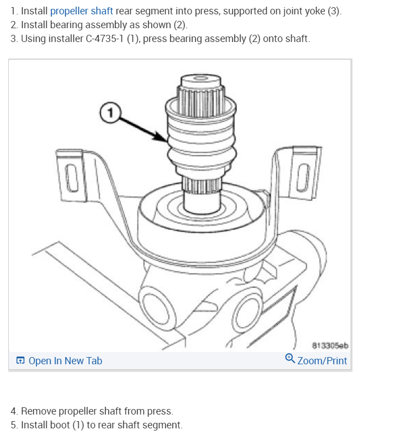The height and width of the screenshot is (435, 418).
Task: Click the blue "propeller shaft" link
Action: [82, 12]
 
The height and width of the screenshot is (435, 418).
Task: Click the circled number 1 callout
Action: [109, 113]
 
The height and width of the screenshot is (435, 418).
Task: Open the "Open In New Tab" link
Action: [65, 361]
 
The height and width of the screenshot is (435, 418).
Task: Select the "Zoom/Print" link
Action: [322, 361]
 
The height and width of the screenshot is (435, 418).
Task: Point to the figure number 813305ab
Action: [330, 346]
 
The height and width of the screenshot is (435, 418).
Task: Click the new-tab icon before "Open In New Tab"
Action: [20, 361]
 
